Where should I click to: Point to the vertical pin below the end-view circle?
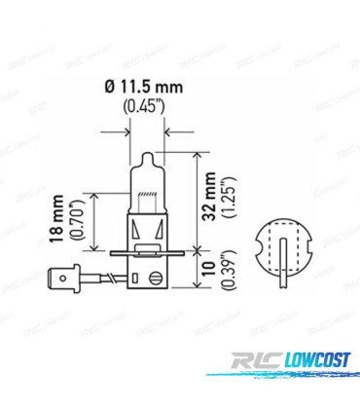(281, 279)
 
